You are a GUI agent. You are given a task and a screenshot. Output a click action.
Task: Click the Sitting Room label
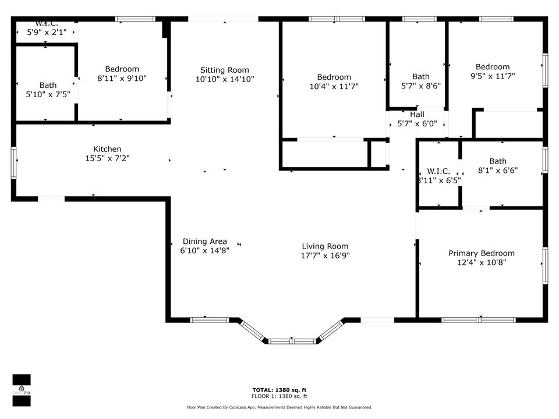(x=224, y=70)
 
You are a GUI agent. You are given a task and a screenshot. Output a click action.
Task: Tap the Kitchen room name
(x=107, y=149)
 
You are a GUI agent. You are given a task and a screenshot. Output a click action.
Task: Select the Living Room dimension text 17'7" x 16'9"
(x=325, y=255)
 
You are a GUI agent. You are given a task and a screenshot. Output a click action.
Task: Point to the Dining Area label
(x=204, y=242)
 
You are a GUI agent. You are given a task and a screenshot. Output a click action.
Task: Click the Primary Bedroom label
(x=481, y=253)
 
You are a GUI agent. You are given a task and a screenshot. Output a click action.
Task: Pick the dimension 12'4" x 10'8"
(x=481, y=262)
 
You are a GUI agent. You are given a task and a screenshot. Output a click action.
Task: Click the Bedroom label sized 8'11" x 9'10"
(x=122, y=69)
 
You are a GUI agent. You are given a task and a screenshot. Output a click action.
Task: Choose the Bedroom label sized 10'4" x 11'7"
(x=334, y=77)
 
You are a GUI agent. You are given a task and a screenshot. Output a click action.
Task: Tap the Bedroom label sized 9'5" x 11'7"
(x=492, y=66)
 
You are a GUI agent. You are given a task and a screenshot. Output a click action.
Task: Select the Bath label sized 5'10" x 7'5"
(x=48, y=85)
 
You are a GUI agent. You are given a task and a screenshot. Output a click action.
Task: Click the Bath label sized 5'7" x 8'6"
(x=420, y=76)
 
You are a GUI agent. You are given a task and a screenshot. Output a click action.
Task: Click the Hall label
(x=417, y=115)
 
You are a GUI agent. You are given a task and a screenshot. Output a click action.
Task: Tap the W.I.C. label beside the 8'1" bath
(x=438, y=171)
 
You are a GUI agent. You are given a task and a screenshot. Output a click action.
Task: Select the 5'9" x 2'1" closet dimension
(x=47, y=32)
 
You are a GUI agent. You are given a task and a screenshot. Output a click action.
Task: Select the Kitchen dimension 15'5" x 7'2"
(x=107, y=158)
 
